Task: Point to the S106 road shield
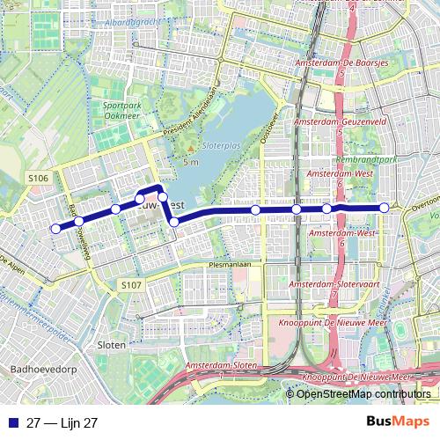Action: click(38, 179)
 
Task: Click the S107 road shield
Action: click(130, 285)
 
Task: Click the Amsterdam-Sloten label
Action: click(221, 364)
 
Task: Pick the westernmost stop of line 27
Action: click(55, 229)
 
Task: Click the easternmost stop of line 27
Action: click(385, 208)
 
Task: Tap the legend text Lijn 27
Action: click(62, 422)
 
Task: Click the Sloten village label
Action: click(112, 344)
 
